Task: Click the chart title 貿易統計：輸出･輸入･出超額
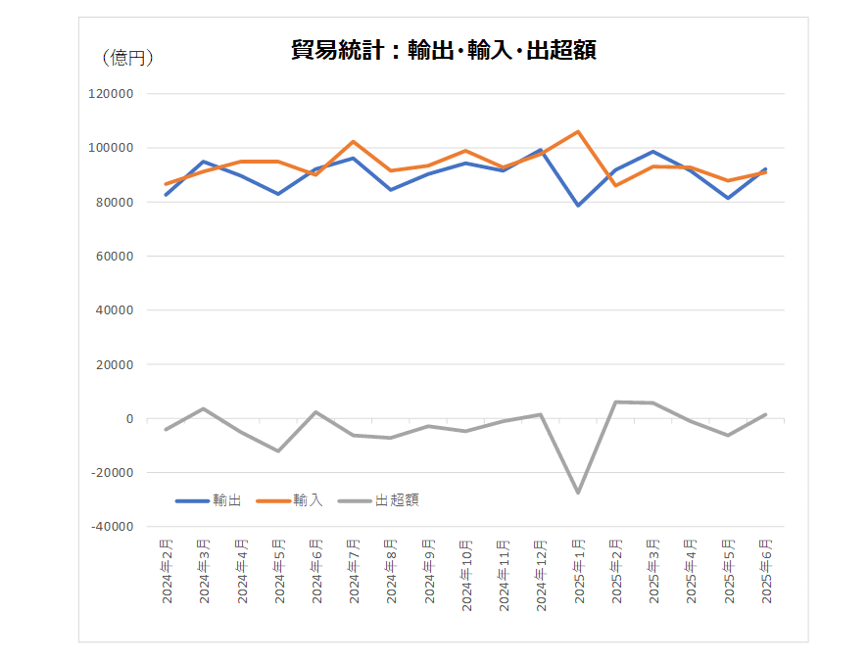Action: [x=444, y=50]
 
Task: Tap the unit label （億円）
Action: [x=127, y=59]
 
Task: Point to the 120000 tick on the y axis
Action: [x=111, y=94]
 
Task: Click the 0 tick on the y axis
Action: [x=128, y=418]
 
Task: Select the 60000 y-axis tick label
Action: [x=114, y=257]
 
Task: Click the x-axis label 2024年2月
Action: [x=167, y=571]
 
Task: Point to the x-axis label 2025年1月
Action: [x=579, y=571]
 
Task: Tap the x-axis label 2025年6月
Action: [x=766, y=571]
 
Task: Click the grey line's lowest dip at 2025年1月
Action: [x=578, y=493]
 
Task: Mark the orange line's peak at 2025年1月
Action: [x=578, y=131]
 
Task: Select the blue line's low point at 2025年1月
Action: [x=578, y=206]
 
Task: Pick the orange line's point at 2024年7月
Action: [x=353, y=142]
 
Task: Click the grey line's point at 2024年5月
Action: [x=278, y=451]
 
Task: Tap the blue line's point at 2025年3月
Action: [x=653, y=152]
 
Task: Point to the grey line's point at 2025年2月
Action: [x=616, y=401]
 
